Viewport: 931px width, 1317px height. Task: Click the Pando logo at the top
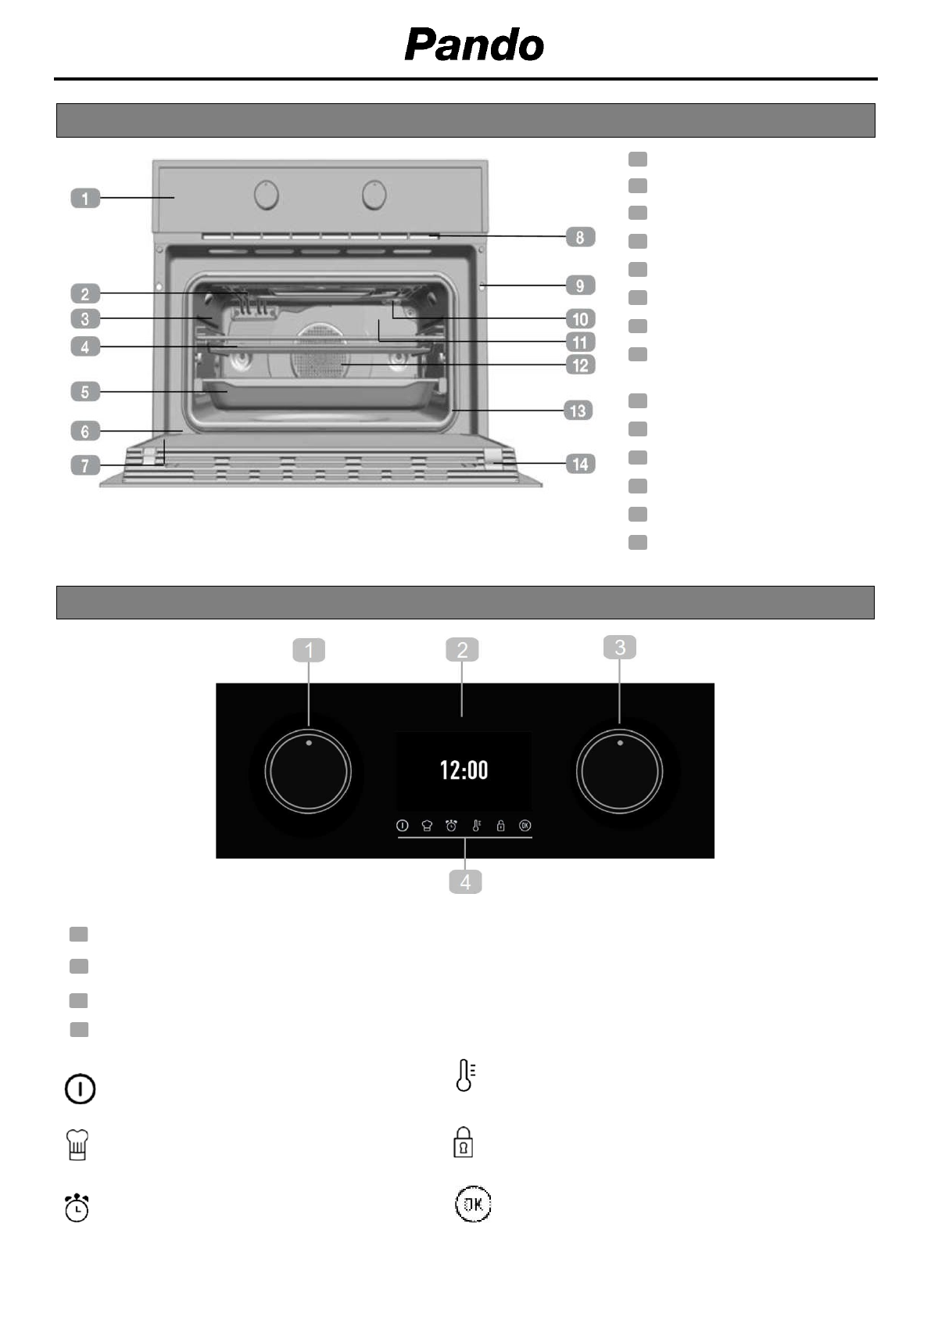(x=474, y=45)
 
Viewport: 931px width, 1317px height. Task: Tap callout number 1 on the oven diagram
(x=85, y=199)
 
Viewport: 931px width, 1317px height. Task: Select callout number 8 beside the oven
(x=580, y=237)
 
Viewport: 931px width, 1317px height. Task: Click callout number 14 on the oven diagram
(x=580, y=465)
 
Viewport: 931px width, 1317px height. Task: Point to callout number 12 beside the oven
(x=580, y=365)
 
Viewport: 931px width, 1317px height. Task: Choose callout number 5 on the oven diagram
(x=85, y=391)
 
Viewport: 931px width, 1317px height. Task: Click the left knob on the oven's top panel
(x=267, y=196)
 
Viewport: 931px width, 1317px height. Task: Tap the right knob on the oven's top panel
(x=374, y=196)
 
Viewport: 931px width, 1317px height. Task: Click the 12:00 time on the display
(x=464, y=770)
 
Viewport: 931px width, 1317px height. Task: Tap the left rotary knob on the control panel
(x=308, y=772)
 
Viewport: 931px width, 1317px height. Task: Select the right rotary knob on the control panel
(x=619, y=772)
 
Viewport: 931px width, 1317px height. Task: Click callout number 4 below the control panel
(x=465, y=882)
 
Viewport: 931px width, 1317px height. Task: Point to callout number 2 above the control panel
(x=462, y=650)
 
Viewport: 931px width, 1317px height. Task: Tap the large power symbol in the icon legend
(x=80, y=1089)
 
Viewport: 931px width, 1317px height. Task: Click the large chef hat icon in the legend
(x=78, y=1145)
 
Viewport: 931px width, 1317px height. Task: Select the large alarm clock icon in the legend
(x=77, y=1208)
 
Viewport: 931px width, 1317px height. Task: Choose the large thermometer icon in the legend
(x=465, y=1075)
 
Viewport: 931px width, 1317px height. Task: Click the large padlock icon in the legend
(x=464, y=1142)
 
